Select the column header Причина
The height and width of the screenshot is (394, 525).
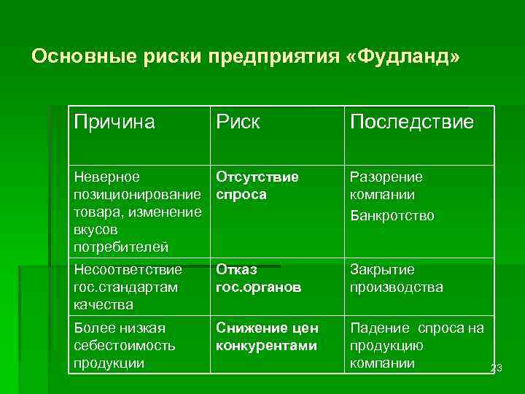(x=114, y=122)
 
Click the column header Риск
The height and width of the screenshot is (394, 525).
(x=238, y=122)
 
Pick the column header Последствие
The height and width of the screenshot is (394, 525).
(x=411, y=122)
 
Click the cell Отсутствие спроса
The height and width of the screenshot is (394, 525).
(x=257, y=186)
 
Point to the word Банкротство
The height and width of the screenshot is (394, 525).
(x=392, y=215)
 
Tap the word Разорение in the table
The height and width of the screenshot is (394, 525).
(x=386, y=177)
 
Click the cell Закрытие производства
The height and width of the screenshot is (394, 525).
(x=396, y=278)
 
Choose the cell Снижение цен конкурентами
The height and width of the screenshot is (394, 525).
(x=266, y=336)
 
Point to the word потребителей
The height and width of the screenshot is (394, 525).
(x=120, y=247)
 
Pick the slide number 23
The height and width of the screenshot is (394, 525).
(x=497, y=369)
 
